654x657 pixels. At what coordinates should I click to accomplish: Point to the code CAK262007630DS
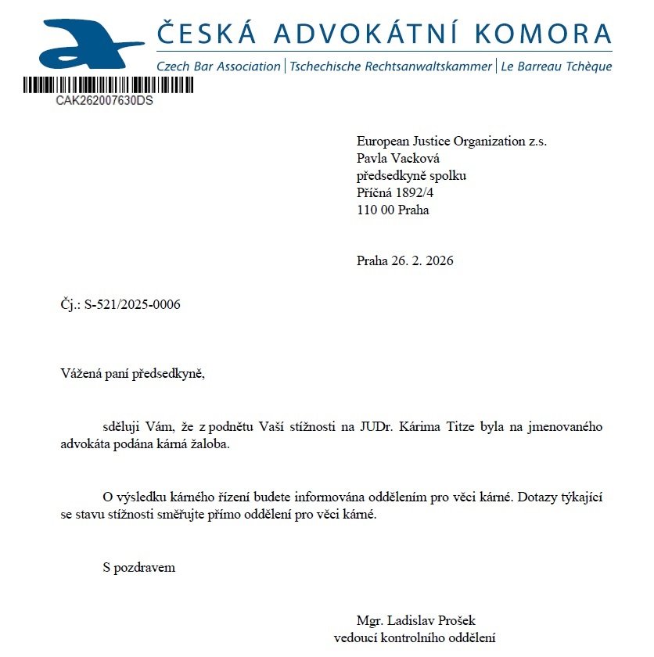coord(104,101)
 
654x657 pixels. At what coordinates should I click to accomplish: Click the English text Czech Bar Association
coord(218,66)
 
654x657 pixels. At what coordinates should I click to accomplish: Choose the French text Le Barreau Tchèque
coord(555,66)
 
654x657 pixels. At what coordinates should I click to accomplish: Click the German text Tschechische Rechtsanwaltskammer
coord(390,66)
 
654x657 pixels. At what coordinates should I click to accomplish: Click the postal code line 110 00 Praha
coord(393,210)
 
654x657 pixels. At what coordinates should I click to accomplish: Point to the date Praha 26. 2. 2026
coord(404,260)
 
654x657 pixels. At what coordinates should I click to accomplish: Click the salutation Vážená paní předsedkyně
coord(132,372)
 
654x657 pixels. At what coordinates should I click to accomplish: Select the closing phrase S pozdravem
coord(138,567)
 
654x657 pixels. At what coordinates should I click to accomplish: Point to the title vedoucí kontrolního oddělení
coord(415,637)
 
